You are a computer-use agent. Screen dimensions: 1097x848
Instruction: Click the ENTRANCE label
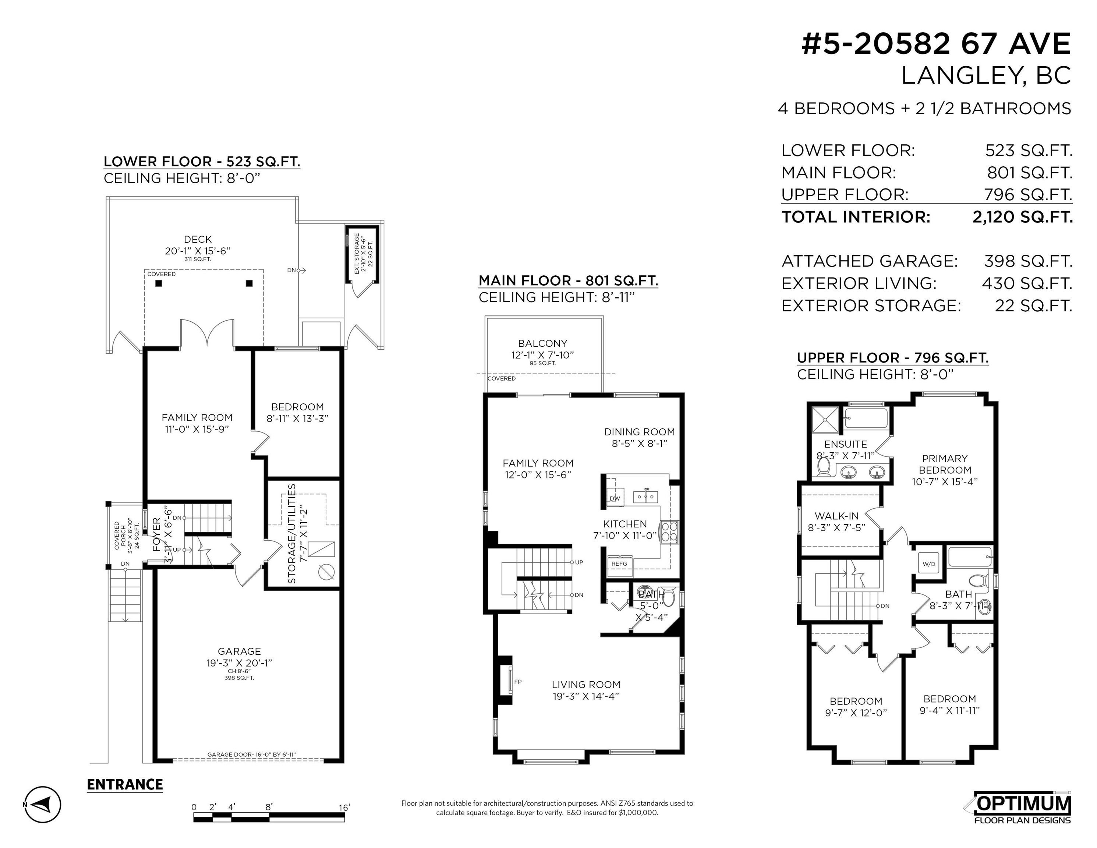click(125, 784)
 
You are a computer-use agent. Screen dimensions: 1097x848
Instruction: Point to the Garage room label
click(239, 651)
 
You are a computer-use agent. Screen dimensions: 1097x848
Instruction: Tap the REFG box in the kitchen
click(619, 563)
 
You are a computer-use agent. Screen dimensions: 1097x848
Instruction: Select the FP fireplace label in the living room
click(518, 682)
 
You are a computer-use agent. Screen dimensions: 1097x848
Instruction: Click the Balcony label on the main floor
click(542, 344)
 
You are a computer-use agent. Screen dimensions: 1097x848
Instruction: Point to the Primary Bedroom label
click(945, 464)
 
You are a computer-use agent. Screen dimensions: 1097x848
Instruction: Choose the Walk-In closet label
click(837, 516)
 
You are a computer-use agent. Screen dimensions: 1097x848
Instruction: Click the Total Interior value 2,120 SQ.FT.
click(1023, 217)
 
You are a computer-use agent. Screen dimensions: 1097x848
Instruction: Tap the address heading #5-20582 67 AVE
click(936, 44)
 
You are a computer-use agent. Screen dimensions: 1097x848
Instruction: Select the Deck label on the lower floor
click(198, 240)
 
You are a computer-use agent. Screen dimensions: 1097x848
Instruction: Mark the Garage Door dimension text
click(252, 755)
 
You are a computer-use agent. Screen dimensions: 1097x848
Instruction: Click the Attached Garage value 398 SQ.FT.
click(1028, 261)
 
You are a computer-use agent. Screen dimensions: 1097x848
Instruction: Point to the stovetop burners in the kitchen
click(669, 531)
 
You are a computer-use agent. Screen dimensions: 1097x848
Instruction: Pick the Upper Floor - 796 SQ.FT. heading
click(892, 358)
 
